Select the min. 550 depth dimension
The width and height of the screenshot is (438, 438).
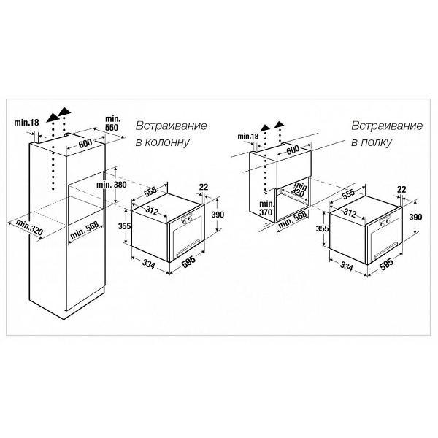112,123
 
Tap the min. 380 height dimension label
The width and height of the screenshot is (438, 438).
112,185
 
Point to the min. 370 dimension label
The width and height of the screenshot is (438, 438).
266,208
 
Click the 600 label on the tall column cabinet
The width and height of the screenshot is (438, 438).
85,143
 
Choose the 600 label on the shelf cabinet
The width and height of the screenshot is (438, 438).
293,150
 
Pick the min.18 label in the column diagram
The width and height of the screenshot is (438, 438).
26,123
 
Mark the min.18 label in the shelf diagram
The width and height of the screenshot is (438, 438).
248,137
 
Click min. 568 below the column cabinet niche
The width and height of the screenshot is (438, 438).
85,231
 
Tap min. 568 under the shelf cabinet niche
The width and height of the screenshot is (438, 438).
293,220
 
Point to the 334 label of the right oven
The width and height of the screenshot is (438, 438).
346,266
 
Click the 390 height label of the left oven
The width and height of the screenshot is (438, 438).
218,215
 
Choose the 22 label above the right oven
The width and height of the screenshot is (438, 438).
401,189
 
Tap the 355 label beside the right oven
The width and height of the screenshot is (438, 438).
323,228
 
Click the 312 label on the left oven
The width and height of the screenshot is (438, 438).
152,210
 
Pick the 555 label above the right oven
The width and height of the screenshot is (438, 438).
348,194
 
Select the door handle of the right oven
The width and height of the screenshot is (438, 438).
385,250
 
